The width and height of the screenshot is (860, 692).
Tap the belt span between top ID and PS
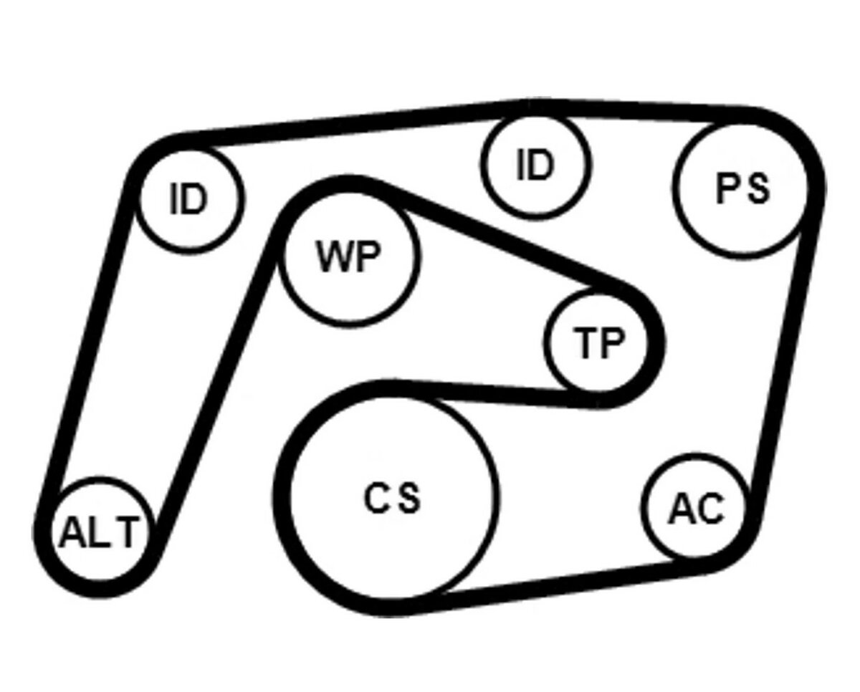(639, 110)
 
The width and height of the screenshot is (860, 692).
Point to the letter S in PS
(758, 189)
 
